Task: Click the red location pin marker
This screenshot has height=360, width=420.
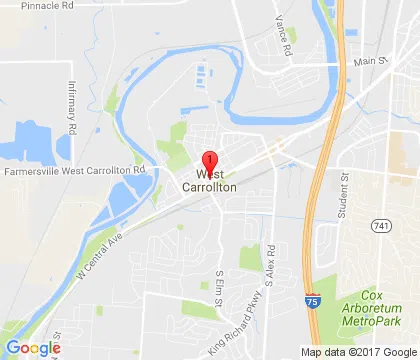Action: (210, 161)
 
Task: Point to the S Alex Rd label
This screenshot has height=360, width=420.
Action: (271, 263)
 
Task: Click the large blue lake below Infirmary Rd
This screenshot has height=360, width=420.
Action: (35, 140)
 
